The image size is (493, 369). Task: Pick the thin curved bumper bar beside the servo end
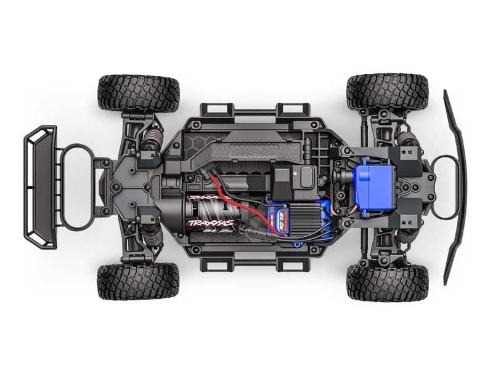click(456, 184)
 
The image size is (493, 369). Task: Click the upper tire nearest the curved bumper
click(387, 92)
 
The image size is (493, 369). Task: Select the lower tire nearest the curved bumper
click(387, 282)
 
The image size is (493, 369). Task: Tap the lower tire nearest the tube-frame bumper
click(139, 282)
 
